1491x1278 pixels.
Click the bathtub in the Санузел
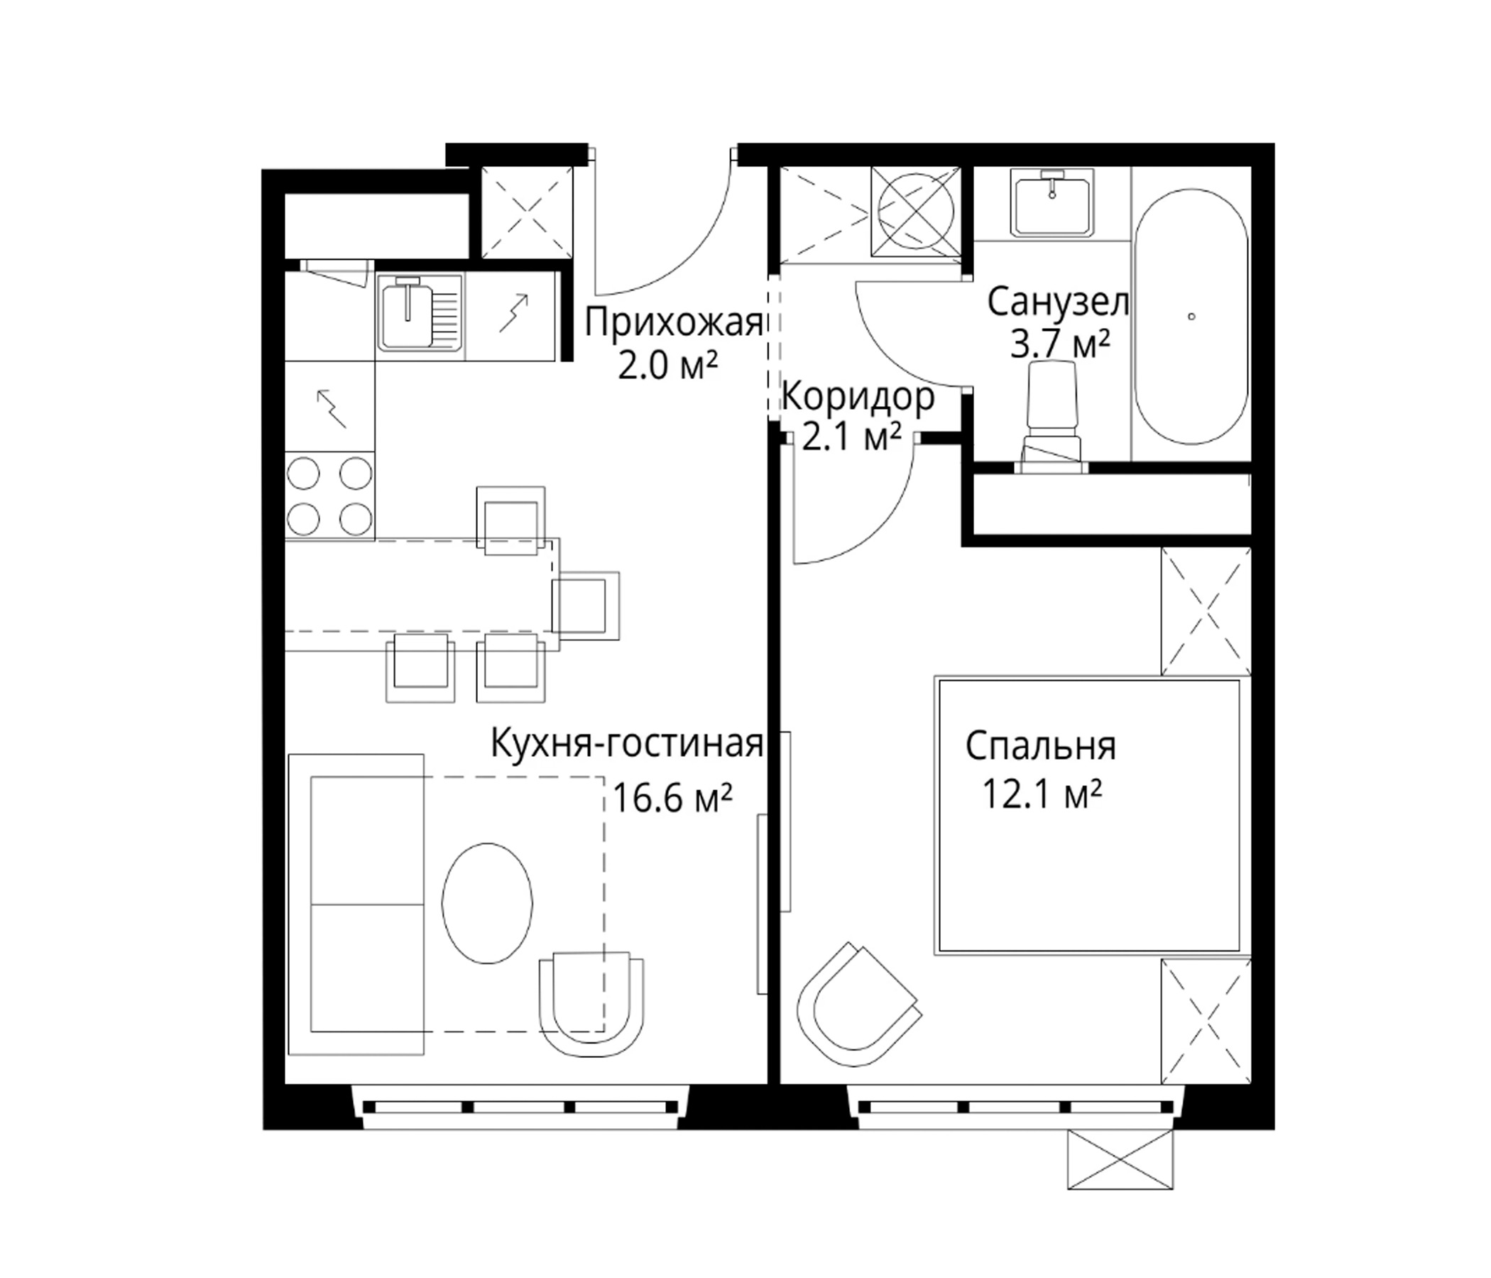coord(1191,317)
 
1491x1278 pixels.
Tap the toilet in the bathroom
coord(1053,417)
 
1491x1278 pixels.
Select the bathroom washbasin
coord(1052,202)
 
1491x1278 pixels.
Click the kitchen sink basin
coord(408,316)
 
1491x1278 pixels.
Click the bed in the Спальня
coord(1093,815)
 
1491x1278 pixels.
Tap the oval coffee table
coord(487,903)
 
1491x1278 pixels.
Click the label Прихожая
coord(673,322)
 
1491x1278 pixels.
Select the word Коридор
coord(858,396)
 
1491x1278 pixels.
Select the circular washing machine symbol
coord(916,211)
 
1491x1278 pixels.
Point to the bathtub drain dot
coord(1191,317)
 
